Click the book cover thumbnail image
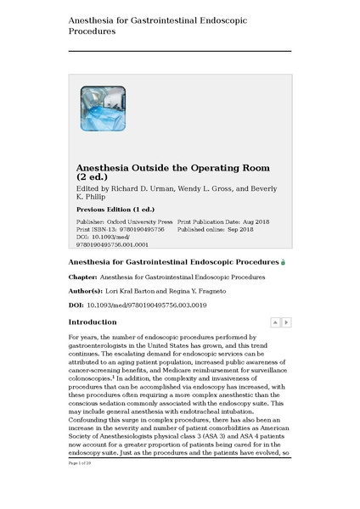[103, 108]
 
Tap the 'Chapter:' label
[82, 277]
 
